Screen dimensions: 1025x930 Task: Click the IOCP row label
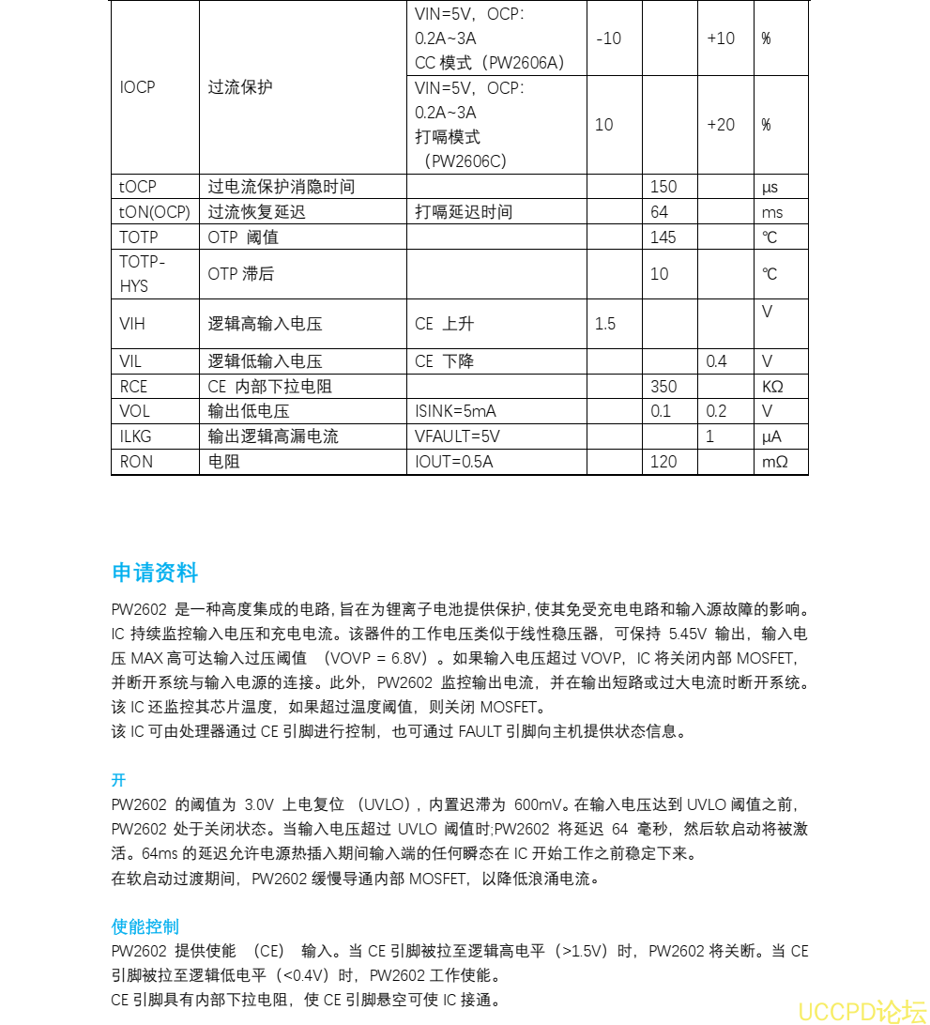(137, 87)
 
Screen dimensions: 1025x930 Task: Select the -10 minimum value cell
(608, 38)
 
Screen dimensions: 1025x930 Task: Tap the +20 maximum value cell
(721, 125)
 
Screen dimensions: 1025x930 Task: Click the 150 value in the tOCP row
(663, 187)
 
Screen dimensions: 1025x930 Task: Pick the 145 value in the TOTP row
(663, 237)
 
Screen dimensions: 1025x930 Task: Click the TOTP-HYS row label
(142, 274)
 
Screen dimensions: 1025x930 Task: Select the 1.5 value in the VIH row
(605, 324)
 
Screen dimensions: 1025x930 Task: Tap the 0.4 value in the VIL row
(716, 361)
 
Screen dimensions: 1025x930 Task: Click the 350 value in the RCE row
(663, 387)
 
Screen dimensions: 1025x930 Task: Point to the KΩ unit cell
(772, 387)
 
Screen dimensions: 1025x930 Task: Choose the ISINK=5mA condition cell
(455, 411)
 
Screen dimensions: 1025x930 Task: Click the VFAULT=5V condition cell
(457, 436)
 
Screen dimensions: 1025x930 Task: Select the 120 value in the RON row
(663, 462)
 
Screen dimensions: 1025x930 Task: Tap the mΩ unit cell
(774, 462)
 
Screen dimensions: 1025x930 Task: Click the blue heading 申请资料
(155, 573)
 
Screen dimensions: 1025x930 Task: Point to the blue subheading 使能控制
(145, 926)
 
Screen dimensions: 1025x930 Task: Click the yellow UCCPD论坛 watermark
(861, 1011)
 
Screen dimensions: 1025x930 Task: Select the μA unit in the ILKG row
(771, 436)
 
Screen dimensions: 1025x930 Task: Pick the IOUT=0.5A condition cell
(453, 462)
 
